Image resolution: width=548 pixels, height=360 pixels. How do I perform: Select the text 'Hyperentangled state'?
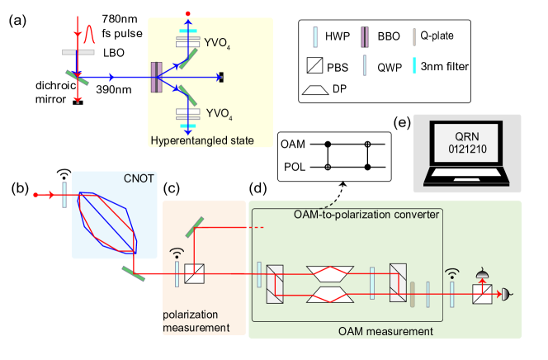201,140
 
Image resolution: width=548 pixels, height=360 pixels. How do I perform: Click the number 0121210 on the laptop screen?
466,149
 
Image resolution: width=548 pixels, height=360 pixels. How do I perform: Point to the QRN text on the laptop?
466,136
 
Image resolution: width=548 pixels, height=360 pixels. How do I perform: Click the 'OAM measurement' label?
385,331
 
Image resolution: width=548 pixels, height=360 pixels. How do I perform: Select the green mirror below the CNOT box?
135,272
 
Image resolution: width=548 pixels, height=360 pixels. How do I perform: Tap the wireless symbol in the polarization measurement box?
176,253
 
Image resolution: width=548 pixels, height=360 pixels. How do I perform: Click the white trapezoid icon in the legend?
314,89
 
